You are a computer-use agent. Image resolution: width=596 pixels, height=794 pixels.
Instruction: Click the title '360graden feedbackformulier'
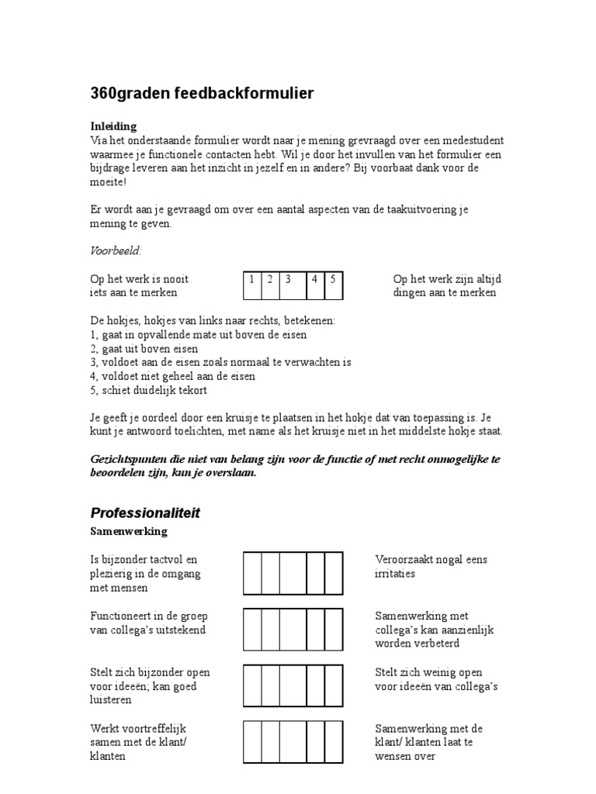pos(203,94)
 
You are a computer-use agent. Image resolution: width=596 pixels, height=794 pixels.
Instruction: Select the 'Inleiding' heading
pos(113,126)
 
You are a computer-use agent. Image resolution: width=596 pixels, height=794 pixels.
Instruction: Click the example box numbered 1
pos(252,285)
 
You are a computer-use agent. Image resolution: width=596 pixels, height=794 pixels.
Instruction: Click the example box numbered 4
pos(315,285)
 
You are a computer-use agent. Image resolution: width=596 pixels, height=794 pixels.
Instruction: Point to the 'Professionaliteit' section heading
pos(145,513)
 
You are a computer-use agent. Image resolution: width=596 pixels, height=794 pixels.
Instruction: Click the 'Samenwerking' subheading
pos(129,532)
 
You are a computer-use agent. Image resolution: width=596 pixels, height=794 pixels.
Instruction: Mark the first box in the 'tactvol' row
pos(252,573)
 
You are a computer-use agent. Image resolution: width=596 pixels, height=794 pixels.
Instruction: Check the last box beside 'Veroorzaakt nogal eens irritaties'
pos(334,573)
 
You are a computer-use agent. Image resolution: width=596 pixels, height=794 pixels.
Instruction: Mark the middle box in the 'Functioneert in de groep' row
pos(293,630)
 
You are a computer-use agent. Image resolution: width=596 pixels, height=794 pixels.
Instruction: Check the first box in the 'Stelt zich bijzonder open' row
pos(252,686)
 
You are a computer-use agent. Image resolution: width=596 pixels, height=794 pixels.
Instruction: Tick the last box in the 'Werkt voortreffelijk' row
pos(334,742)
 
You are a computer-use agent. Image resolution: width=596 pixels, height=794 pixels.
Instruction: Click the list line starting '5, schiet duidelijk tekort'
pos(149,390)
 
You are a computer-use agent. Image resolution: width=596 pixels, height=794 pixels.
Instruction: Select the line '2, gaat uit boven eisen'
pos(144,349)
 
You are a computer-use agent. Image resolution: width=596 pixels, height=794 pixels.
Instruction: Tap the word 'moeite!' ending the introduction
pos(109,181)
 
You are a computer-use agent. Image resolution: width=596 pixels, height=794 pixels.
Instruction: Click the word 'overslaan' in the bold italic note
pos(230,473)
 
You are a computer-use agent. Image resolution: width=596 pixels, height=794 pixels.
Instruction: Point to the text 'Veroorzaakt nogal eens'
pos(431,560)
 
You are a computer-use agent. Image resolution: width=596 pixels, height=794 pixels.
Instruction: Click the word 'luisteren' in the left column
pos(111,700)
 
